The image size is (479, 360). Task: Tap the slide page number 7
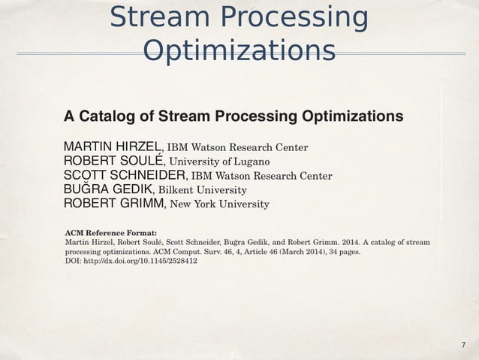point(463,344)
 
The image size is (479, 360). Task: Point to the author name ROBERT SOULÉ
point(113,161)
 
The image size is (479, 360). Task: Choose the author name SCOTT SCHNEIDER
point(125,175)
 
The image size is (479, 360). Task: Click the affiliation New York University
point(220,204)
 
